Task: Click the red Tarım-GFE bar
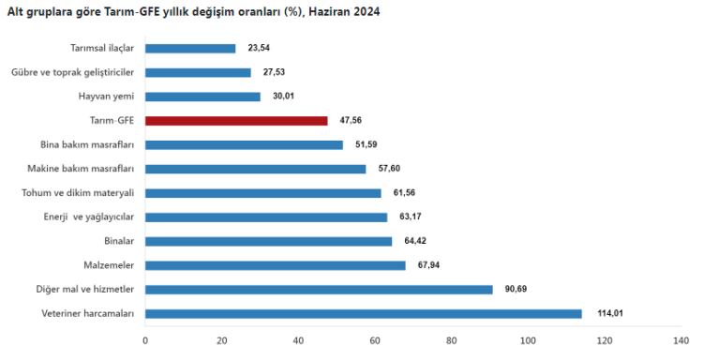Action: point(236,120)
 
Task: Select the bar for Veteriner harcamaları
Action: point(364,313)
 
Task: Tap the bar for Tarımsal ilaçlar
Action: point(190,48)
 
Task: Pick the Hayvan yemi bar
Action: point(202,97)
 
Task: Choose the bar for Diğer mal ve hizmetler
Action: point(319,289)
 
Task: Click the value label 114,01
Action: point(603,313)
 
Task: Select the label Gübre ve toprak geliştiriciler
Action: point(73,72)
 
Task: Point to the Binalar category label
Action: point(119,241)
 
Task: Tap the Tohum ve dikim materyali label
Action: point(78,192)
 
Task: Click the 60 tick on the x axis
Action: point(375,340)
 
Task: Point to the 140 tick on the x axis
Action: point(681,340)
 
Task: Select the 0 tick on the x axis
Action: point(145,340)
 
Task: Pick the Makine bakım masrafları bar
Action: point(256,169)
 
